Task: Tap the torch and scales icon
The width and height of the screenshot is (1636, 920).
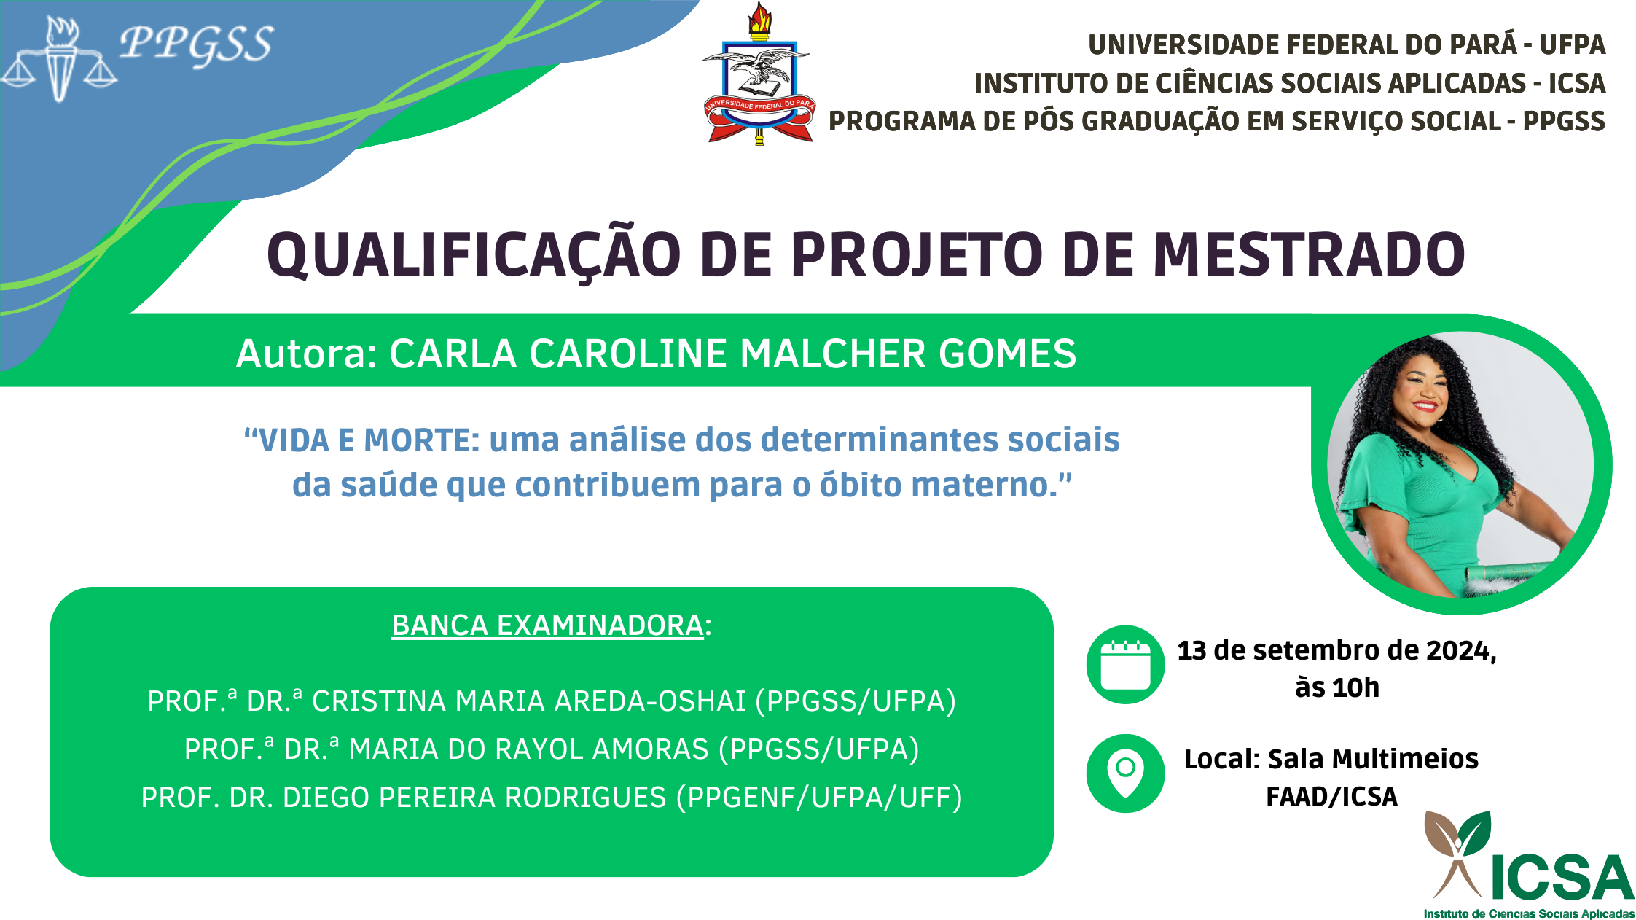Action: click(59, 59)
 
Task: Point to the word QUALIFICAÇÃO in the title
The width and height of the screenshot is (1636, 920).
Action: click(474, 256)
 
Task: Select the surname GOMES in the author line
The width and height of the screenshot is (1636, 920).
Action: click(1007, 354)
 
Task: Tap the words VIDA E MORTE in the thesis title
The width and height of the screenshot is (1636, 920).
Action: click(361, 440)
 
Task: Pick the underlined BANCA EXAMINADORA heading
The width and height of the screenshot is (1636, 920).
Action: click(547, 625)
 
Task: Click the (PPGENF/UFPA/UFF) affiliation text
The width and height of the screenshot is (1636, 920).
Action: click(819, 798)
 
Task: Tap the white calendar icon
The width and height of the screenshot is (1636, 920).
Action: click(1125, 665)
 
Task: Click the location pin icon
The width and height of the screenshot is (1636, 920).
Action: click(1125, 773)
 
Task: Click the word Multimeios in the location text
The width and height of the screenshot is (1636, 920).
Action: click(1373, 759)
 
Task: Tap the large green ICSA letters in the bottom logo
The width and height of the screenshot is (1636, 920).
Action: click(1562, 878)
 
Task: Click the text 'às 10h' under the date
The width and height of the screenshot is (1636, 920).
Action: click(1337, 687)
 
